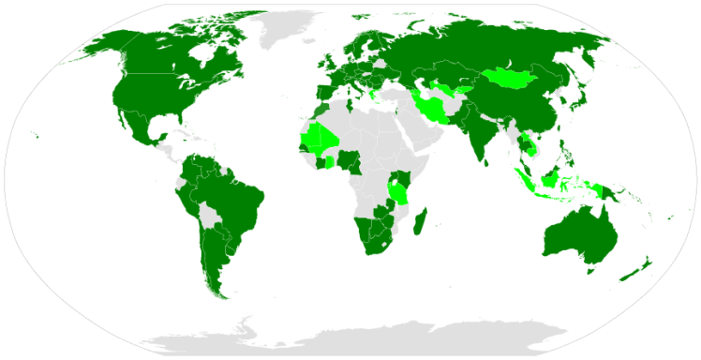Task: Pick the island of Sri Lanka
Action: [x=495, y=160]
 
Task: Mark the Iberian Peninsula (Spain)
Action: [x=324, y=94]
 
